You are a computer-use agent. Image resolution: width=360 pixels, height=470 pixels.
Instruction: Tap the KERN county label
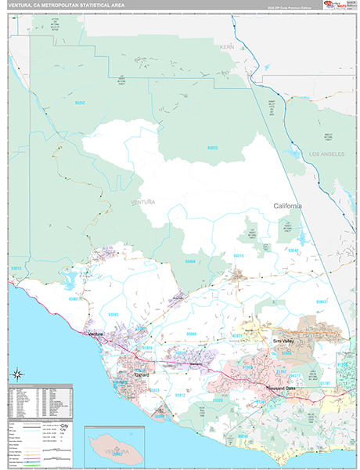point(228,47)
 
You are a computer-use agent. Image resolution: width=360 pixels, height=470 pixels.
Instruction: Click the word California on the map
point(287,205)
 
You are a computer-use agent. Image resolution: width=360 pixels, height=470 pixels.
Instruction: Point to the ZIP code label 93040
point(293,250)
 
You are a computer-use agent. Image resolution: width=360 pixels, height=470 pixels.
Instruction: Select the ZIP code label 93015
point(239,256)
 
